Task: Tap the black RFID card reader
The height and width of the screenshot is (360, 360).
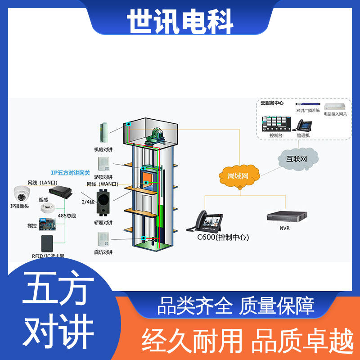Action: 48,243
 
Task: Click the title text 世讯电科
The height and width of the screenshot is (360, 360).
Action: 180,22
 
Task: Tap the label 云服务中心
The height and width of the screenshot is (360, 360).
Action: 272,103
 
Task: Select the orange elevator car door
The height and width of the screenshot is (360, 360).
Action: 147,180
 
